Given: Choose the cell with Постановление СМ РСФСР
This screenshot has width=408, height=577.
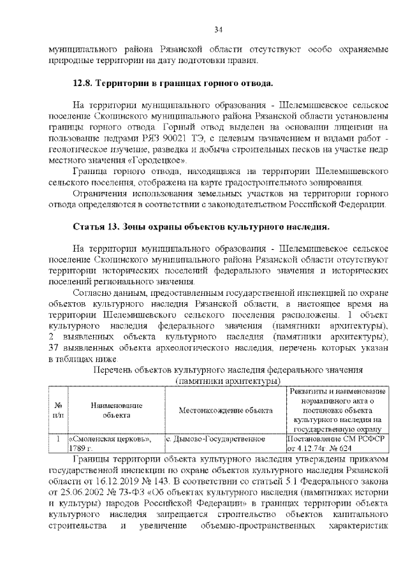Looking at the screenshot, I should pyautogui.click(x=335, y=439).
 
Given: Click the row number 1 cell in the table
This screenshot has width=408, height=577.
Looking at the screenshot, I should pyautogui.click(x=58, y=439).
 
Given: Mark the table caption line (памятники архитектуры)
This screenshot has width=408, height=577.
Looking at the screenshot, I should pyautogui.click(x=228, y=381).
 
